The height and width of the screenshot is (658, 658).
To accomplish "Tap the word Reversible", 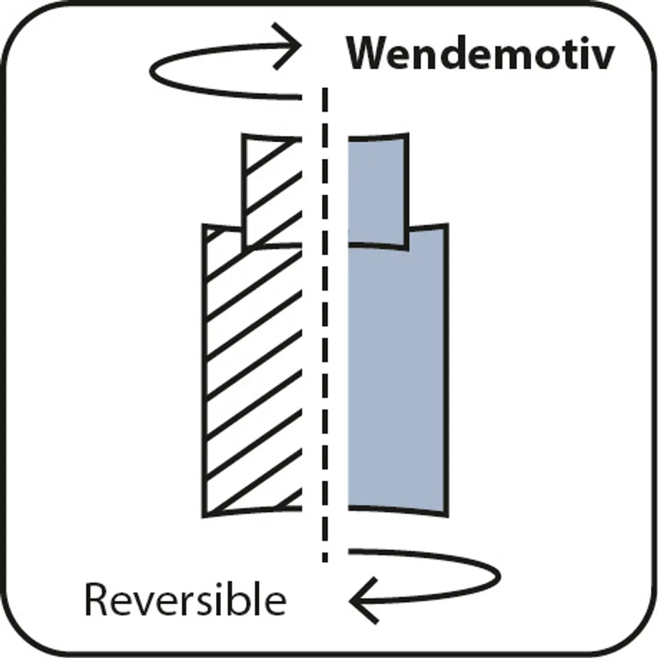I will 185,600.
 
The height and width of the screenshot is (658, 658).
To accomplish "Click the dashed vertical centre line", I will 325,321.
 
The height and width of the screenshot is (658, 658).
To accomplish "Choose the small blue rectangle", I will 378,190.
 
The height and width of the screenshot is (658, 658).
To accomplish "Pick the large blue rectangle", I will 397,379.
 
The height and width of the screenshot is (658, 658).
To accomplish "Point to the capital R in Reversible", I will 97,599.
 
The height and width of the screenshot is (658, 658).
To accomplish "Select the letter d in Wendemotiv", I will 448,53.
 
